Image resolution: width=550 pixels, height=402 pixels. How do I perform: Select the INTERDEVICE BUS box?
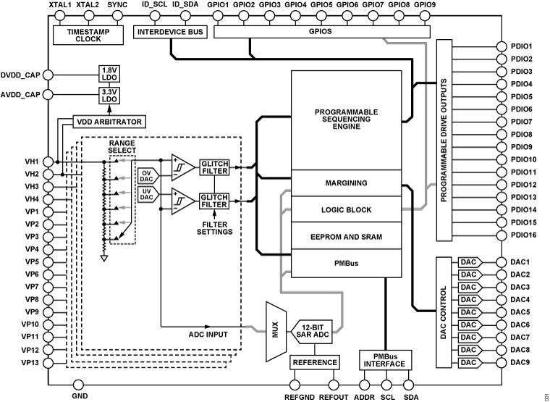point(171,31)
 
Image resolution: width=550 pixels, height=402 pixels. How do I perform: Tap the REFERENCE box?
point(315,361)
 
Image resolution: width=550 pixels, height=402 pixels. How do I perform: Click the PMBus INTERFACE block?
point(384,359)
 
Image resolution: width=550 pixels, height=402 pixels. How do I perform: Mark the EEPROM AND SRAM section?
point(345,237)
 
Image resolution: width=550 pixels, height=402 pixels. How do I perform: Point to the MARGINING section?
point(345,183)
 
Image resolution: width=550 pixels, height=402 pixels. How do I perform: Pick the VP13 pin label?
point(30,362)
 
